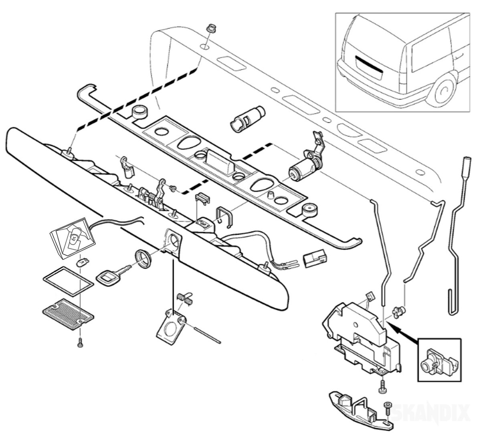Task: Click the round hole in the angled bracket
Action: tap(173, 324)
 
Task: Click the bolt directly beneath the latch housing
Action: tap(381, 388)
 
